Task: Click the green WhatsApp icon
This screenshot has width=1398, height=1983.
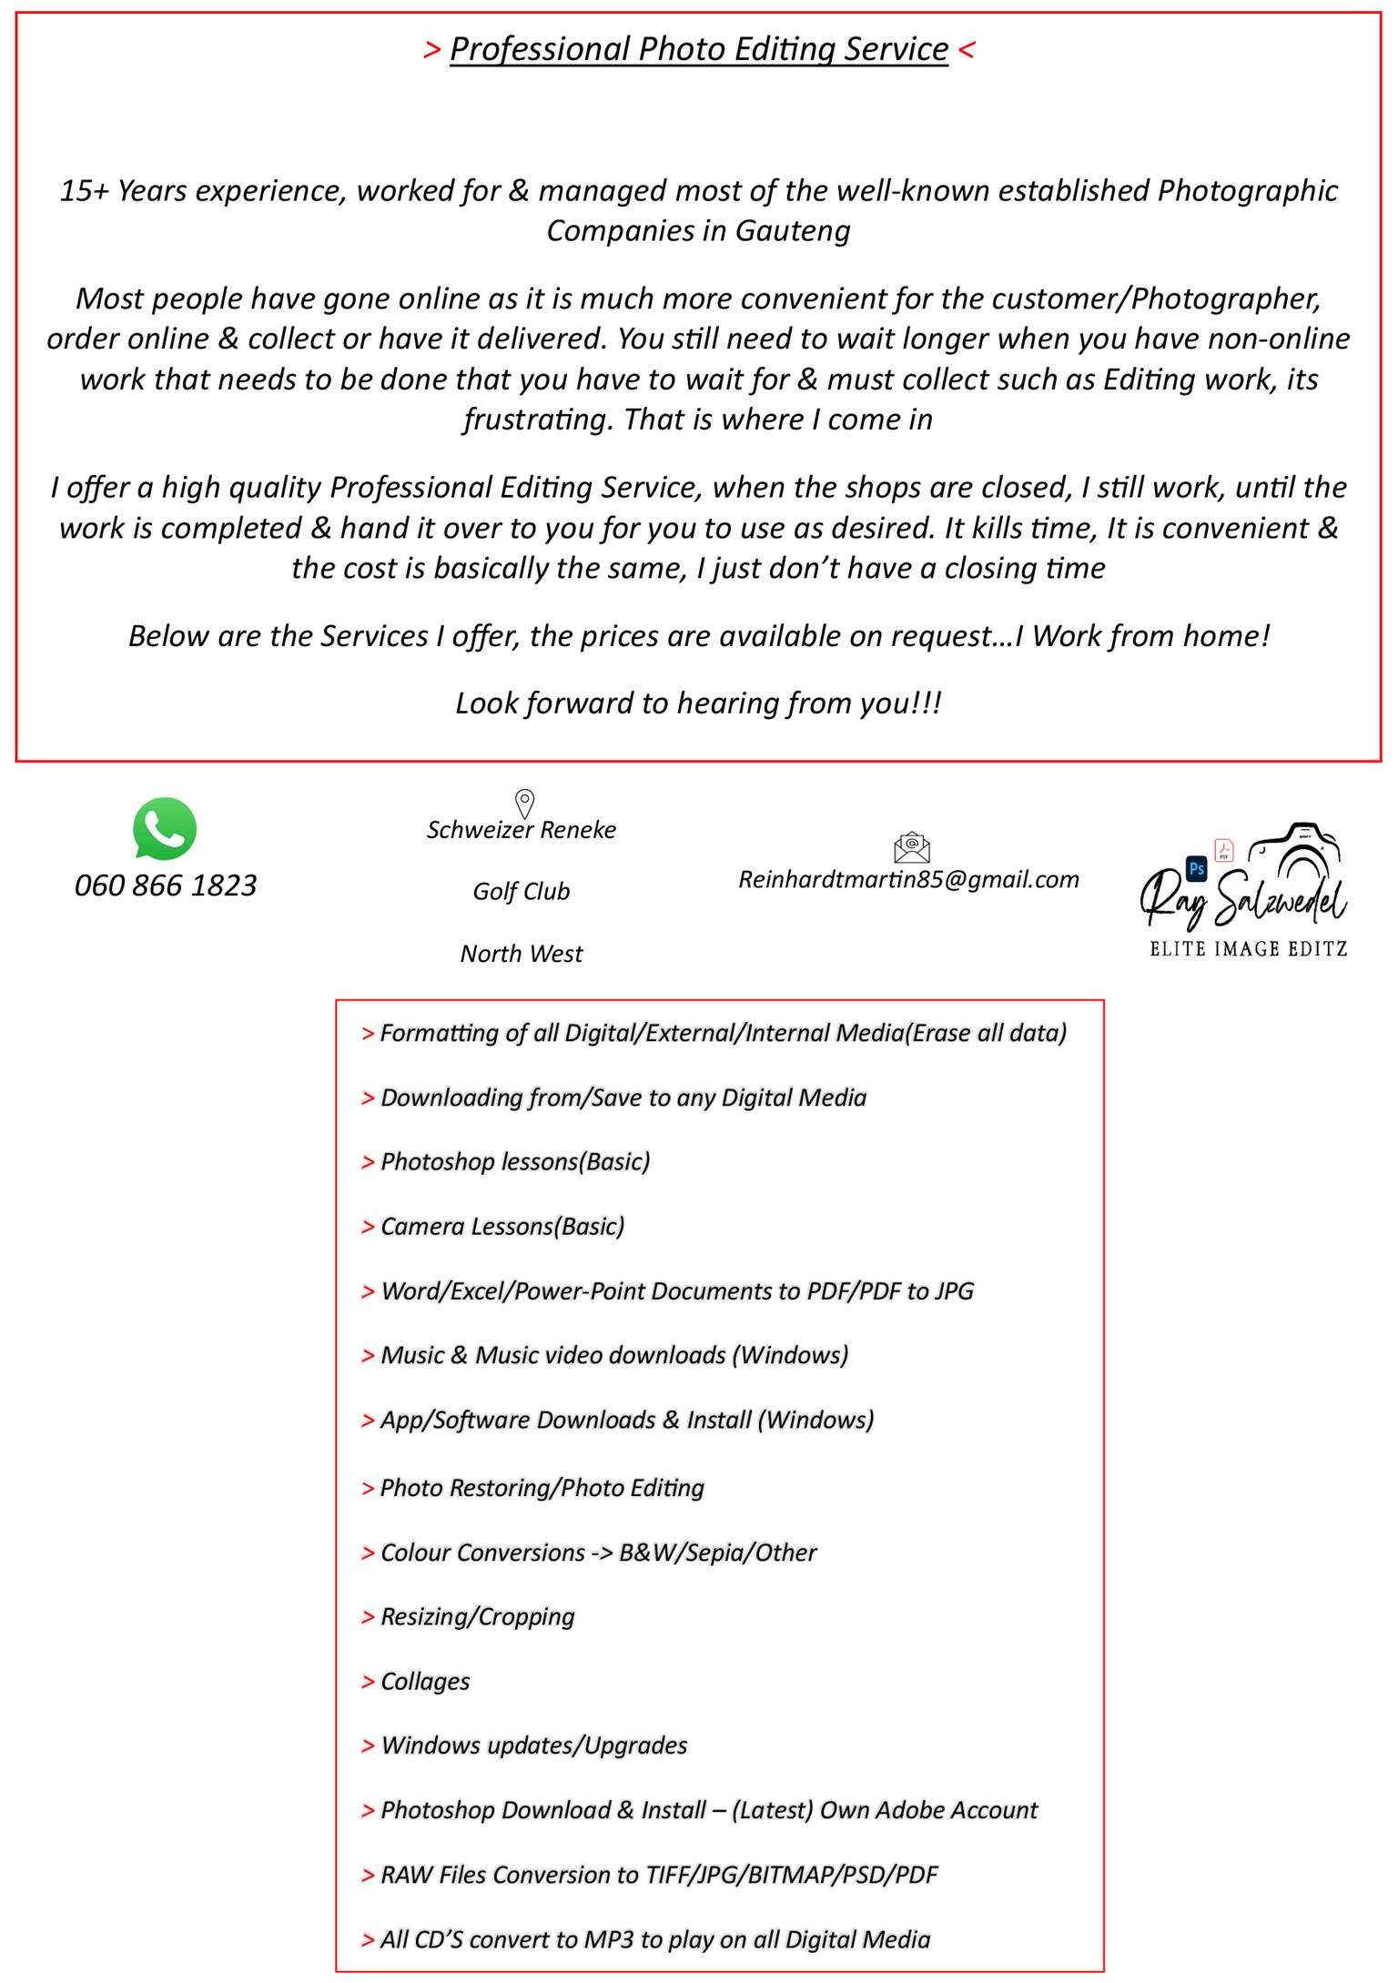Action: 165,828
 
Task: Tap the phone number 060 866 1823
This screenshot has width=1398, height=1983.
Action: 166,885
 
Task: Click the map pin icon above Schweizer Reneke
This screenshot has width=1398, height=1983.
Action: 524,804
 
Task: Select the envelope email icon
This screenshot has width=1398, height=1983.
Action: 911,847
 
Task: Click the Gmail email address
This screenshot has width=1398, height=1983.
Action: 908,879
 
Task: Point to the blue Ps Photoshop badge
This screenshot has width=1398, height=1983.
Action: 1196,868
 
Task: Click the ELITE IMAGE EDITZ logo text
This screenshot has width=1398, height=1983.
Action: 1248,949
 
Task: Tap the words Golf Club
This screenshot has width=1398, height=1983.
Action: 521,891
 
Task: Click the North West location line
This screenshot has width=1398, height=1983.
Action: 521,954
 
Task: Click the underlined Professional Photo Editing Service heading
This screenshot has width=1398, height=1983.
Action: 699,49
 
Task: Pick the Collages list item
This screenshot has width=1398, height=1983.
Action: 425,1681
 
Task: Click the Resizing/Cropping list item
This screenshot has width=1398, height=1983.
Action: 477,1616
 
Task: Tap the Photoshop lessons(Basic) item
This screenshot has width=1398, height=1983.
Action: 515,1162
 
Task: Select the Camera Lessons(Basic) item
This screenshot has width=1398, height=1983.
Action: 502,1227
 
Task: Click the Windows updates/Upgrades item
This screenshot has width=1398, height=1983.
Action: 533,1745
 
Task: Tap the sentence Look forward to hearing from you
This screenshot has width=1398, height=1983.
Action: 698,703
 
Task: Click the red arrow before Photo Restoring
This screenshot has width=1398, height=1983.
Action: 368,1489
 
